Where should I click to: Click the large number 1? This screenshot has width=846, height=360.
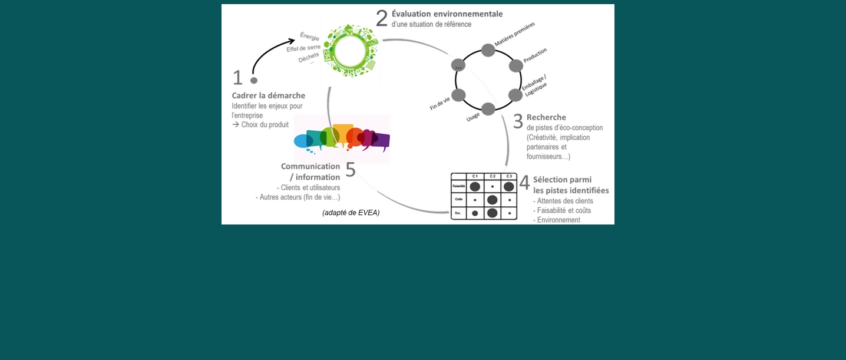(237, 78)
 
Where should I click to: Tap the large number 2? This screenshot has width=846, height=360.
(382, 18)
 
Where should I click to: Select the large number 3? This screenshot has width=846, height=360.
(518, 121)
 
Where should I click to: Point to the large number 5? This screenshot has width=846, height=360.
(351, 170)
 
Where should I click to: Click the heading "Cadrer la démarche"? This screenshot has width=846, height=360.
(268, 95)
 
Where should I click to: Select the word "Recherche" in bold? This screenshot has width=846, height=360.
(546, 117)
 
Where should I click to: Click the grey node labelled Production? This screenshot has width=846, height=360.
(515, 65)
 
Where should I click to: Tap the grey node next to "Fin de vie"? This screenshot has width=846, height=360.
(458, 95)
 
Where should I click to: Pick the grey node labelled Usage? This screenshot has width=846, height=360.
(488, 109)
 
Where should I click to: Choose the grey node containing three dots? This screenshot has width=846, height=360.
(458, 65)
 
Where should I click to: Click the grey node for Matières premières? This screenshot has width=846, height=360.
(488, 50)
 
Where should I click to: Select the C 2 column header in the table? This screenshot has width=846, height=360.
(492, 176)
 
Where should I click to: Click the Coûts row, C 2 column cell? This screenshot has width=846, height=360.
(492, 200)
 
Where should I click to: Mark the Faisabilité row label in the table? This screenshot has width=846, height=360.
(458, 186)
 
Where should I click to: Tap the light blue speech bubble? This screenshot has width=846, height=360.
(303, 141)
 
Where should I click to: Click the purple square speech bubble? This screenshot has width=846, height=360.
(381, 141)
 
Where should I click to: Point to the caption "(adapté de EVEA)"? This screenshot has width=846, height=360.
(351, 213)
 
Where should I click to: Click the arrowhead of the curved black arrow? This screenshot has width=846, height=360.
(292, 41)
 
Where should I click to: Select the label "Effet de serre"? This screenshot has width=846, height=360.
(303, 48)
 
